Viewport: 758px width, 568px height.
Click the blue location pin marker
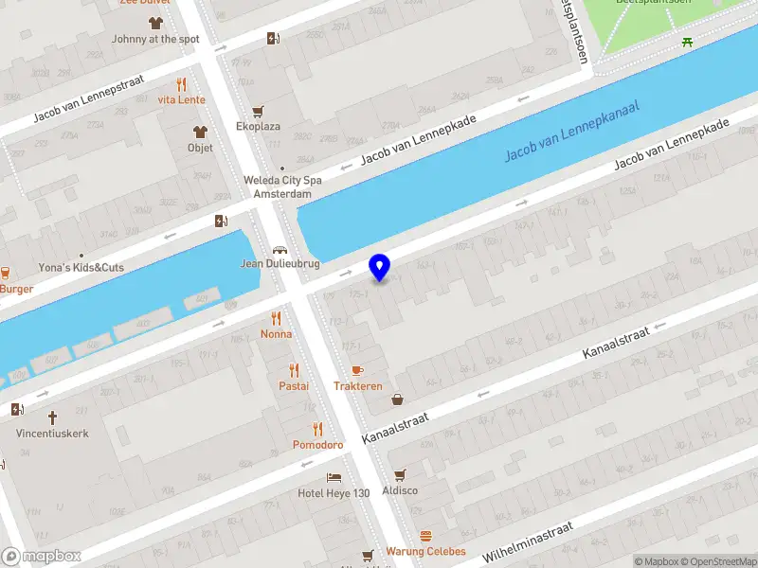tap(380, 267)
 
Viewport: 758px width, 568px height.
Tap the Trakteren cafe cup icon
tap(357, 370)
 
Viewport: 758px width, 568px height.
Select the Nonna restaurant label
tap(277, 334)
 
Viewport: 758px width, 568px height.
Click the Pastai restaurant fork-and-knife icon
tap(294, 369)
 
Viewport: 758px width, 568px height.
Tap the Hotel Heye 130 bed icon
tap(334, 477)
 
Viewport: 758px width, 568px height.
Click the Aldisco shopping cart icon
tap(400, 474)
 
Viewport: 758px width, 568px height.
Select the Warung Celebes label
tap(425, 551)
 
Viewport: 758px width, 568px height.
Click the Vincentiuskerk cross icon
tap(53, 417)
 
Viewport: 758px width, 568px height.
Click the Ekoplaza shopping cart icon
tap(258, 111)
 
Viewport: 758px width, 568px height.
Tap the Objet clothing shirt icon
tap(200, 132)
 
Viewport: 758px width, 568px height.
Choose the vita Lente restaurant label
tap(181, 99)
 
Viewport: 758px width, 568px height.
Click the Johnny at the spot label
tap(155, 39)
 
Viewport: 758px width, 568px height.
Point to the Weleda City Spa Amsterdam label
tap(282, 186)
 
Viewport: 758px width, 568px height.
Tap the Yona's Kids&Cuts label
tap(81, 268)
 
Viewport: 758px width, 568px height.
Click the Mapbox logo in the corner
tap(41, 557)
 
